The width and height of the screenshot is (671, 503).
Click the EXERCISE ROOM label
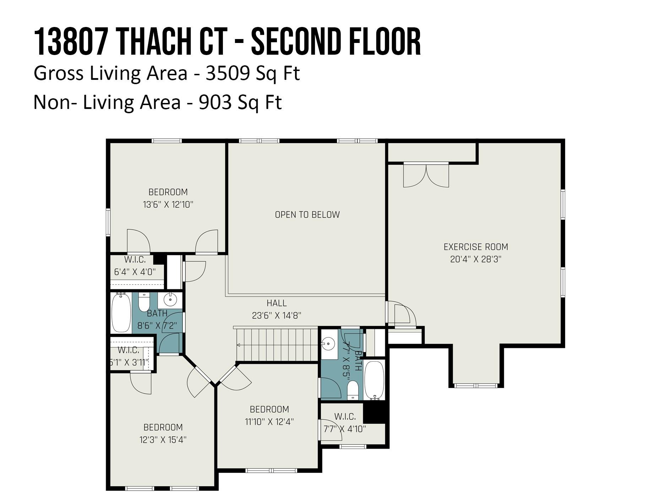coord(476,247)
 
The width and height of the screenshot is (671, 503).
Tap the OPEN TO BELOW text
coord(307,214)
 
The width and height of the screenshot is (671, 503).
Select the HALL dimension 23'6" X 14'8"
coord(277,315)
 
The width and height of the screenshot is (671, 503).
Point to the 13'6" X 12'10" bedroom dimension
coord(168,204)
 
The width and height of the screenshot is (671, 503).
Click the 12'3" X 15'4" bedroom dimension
coord(163,440)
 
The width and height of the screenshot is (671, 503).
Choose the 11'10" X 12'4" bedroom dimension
coord(269,422)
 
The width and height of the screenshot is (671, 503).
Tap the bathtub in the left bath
coord(121,312)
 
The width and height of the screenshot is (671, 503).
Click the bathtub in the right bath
coord(375,380)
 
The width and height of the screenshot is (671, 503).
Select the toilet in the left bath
coord(144,302)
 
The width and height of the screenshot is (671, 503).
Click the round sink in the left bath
coord(170,300)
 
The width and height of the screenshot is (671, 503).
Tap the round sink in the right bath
coord(328,344)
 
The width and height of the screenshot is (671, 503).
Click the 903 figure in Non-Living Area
coord(214,103)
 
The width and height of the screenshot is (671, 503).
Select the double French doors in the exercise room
coord(426,175)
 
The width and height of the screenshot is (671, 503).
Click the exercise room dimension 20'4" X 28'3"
coord(476,259)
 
